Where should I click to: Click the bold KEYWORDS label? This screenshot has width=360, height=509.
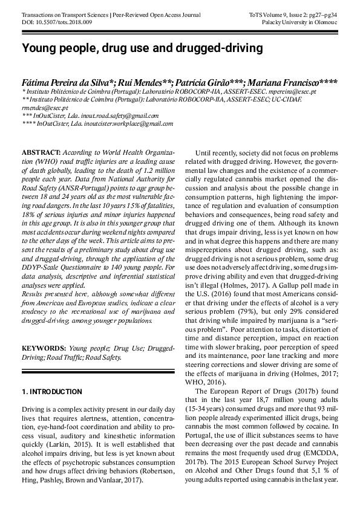pyautogui.click(x=44, y=348)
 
